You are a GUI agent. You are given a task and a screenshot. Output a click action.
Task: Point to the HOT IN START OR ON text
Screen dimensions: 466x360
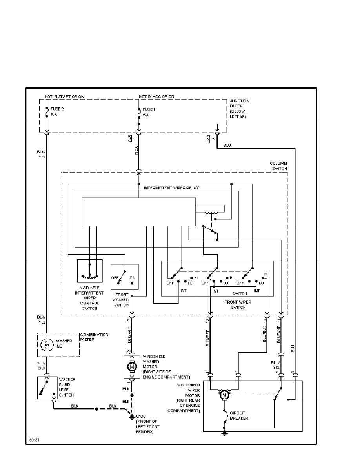pyautogui.click(x=65, y=96)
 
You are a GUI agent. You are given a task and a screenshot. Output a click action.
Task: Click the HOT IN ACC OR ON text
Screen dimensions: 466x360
pyautogui.click(x=156, y=96)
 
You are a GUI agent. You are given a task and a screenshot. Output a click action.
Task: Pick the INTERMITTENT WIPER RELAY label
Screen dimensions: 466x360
pyautogui.click(x=172, y=188)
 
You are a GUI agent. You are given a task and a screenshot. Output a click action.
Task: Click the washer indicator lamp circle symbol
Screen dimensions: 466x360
pyautogui.click(x=47, y=345)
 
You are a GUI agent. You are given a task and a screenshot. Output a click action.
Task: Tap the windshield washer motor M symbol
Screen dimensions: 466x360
pyautogui.click(x=132, y=366)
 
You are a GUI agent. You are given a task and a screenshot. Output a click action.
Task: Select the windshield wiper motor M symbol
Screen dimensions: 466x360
pyautogui.click(x=225, y=395)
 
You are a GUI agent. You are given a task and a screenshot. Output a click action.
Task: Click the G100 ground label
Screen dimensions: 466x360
pyautogui.click(x=140, y=417)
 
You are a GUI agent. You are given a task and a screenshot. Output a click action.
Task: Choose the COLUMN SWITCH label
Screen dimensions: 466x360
pyautogui.click(x=278, y=166)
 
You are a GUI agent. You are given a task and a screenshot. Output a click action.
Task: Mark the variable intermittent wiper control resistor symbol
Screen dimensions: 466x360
pyautogui.click(x=90, y=276)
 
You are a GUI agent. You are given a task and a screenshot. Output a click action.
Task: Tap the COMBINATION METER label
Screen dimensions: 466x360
pyautogui.click(x=94, y=337)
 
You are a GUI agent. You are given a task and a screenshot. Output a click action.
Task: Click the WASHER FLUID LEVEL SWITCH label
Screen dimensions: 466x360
pyautogui.click(x=67, y=387)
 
